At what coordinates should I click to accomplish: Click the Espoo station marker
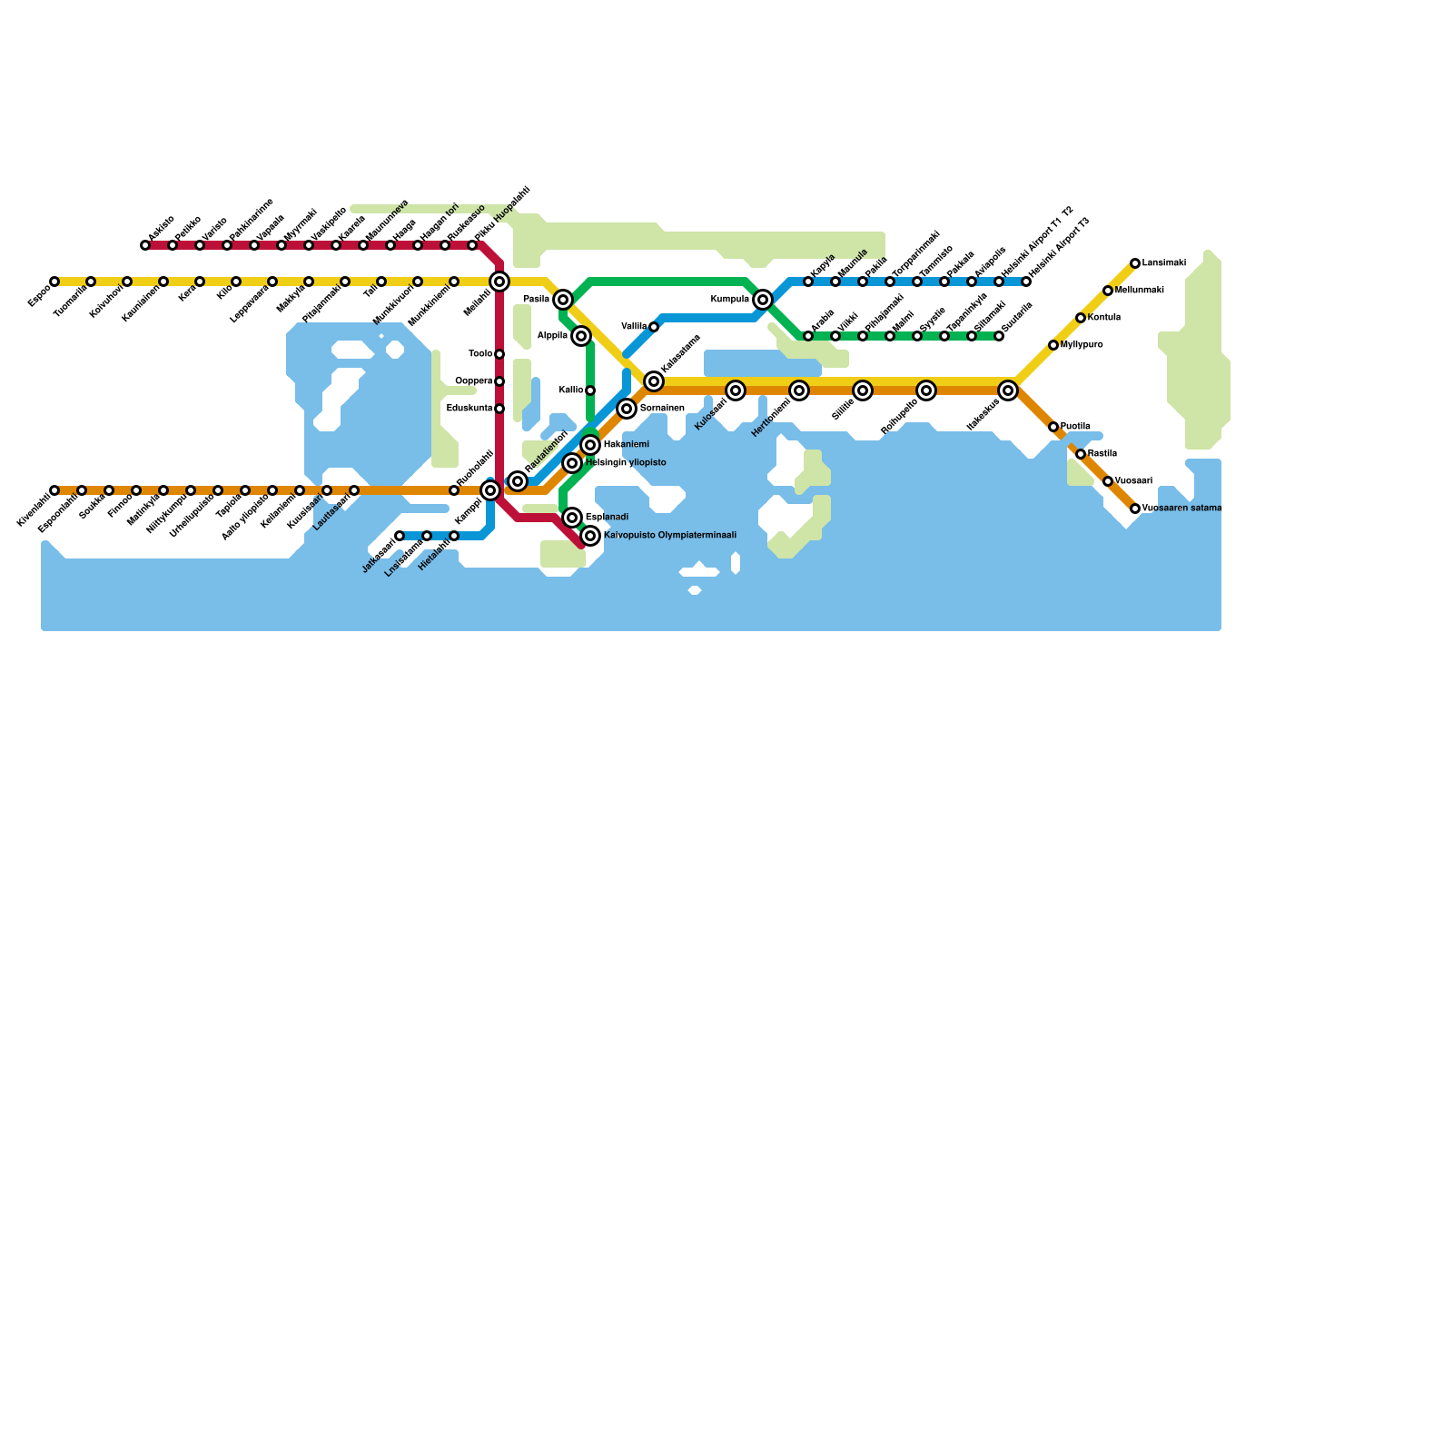[x=54, y=282]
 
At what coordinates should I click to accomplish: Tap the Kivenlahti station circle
[x=54, y=490]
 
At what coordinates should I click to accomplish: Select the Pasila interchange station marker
[x=563, y=300]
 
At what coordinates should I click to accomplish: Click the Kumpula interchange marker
[x=763, y=300]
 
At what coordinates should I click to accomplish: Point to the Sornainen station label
[x=662, y=409]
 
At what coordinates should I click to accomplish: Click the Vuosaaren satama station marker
[x=1135, y=509]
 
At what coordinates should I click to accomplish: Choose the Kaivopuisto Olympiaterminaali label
[x=670, y=536]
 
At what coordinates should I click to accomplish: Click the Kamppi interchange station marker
[x=490, y=490]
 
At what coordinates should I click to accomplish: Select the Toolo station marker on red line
[x=499, y=354]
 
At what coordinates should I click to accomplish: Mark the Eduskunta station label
[x=470, y=409]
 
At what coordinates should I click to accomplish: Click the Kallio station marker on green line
[x=590, y=390]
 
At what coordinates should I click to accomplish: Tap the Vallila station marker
[x=654, y=327]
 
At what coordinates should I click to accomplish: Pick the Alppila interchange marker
[x=581, y=336]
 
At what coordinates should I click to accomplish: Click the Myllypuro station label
[x=1082, y=345]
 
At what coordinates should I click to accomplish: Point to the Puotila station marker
[x=1053, y=427]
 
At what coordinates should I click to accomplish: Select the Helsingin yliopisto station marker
[x=572, y=463]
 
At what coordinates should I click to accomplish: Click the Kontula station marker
[x=1081, y=318]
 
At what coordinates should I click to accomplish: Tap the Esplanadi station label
[x=608, y=518]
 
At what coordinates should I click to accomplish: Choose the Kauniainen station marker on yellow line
[x=163, y=282]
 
